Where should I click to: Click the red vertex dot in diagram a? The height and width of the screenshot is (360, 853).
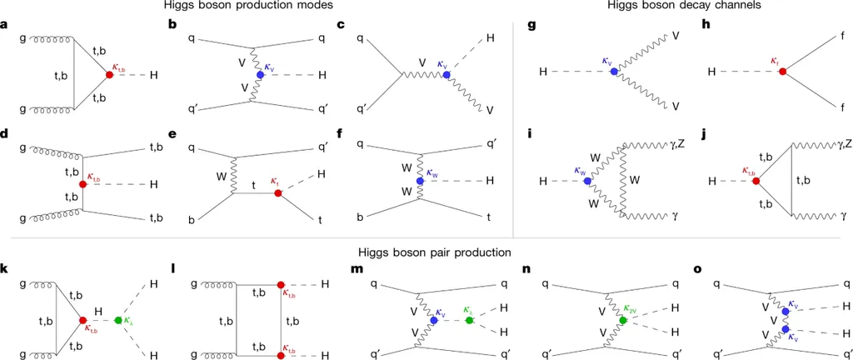109,75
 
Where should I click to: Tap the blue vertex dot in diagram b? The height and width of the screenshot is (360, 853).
261,75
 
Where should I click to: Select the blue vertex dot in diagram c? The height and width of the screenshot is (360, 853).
446,75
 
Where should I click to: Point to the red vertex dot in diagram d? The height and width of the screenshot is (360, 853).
82,183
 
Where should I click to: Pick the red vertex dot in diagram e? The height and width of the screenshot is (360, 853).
277,192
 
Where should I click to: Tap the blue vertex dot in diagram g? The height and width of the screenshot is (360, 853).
613,72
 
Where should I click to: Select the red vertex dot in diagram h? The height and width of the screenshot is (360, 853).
781,72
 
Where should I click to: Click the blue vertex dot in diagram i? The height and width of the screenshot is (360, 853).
585,180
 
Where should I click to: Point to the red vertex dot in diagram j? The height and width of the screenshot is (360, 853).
755,180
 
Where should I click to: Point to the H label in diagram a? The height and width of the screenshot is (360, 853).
154,75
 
